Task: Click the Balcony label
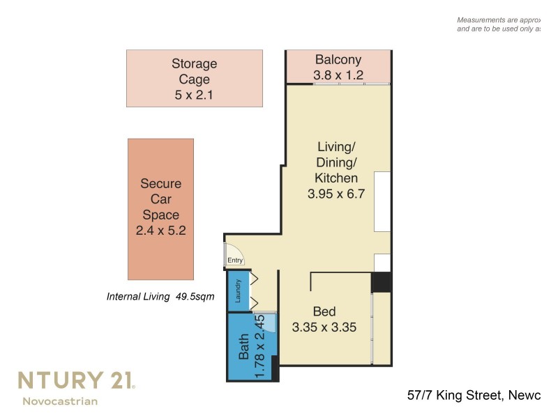point(338,59)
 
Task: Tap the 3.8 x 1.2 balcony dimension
point(338,75)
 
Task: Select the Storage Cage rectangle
point(195,78)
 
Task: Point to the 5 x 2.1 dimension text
point(195,95)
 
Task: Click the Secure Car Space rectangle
point(160,209)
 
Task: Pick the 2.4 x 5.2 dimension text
point(160,231)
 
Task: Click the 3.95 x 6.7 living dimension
point(337,194)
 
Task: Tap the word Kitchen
point(337,178)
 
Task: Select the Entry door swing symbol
point(234,253)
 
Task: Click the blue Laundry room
point(239,291)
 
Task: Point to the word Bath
point(244,346)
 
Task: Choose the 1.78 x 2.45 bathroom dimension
point(259,346)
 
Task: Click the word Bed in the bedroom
point(324,311)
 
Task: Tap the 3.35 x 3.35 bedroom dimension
point(324,327)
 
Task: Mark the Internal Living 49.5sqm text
point(160,296)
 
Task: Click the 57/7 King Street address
point(474,396)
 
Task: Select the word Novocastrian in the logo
point(60,401)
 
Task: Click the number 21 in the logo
point(116,380)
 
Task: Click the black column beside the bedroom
point(381,282)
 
